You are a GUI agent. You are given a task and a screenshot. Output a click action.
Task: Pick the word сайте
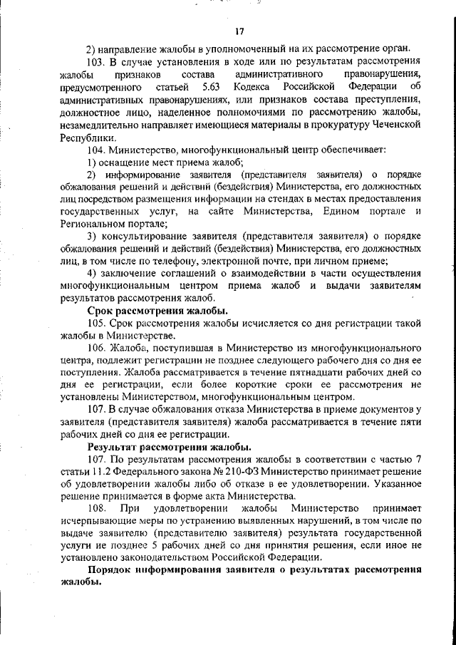click(x=217, y=212)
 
